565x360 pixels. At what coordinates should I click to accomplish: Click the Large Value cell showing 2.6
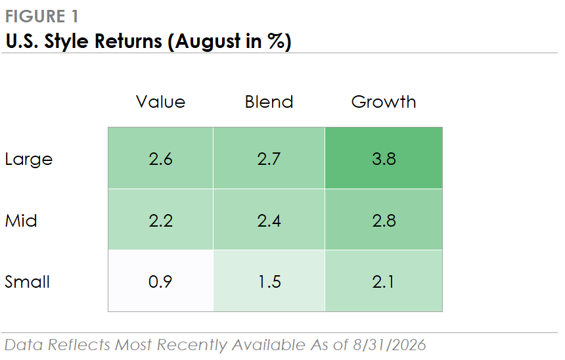[x=161, y=158]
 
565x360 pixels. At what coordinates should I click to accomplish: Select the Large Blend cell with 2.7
[x=269, y=158]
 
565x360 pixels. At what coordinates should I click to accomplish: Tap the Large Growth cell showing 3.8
[x=384, y=158]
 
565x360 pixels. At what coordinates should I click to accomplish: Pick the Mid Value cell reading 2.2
[x=161, y=219]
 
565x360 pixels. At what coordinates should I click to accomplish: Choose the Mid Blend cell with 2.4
[x=269, y=219]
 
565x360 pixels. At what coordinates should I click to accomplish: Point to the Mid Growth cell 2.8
[x=384, y=219]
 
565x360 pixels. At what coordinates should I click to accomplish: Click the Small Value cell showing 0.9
[x=161, y=281]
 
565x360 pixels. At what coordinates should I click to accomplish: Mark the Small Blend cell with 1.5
[x=269, y=281]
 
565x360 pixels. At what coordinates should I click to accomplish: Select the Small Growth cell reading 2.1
[x=384, y=281]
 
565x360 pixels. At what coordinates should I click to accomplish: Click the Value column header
[x=161, y=102]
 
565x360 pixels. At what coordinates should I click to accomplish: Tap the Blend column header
[x=269, y=102]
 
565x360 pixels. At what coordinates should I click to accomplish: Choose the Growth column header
[x=384, y=102]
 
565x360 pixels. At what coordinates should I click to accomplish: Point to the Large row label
[x=29, y=159]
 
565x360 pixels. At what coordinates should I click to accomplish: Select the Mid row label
[x=21, y=220]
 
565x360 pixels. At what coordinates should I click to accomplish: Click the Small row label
[x=27, y=281]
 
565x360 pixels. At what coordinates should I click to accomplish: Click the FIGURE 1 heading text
[x=42, y=16]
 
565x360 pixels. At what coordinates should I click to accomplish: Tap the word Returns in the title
[x=128, y=41]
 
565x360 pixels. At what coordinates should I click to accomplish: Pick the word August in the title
[x=208, y=42]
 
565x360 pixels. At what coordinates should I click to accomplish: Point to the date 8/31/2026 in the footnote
[x=390, y=345]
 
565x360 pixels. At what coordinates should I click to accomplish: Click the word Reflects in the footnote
[x=79, y=345]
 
